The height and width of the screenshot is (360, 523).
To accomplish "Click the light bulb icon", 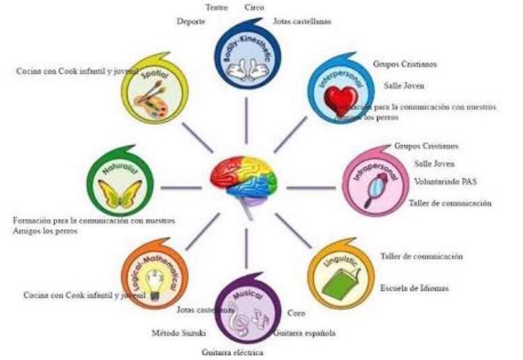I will coord(157,285).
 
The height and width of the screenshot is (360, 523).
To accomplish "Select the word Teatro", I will coord(217,7).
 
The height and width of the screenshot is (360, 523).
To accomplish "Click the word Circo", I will coord(255,7).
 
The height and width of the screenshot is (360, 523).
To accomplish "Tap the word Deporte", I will coord(191,22).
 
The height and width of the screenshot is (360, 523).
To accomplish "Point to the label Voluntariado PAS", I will coord(446,182).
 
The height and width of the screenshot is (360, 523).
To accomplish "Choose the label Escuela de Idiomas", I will coord(414,288).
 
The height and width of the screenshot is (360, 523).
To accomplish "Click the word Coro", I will coord(296,313).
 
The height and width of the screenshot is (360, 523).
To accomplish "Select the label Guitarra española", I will coord(304,333).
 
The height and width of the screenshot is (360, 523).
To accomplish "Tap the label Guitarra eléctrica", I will coord(233,352).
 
